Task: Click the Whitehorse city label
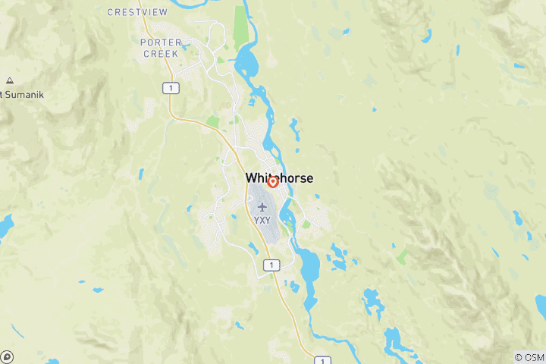pos(279,178)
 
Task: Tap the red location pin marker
pos(273,182)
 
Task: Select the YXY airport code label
pos(262,220)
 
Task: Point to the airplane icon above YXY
pos(262,207)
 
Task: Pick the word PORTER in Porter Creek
pos(159,42)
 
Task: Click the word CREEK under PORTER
pos(159,54)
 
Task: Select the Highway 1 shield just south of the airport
pos(270,265)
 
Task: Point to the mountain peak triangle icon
pos(9,80)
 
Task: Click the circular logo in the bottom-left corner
pos(7,356)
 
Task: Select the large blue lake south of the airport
pos(309,265)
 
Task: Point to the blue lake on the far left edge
pos(5,224)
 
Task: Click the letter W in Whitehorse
pos(251,178)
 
